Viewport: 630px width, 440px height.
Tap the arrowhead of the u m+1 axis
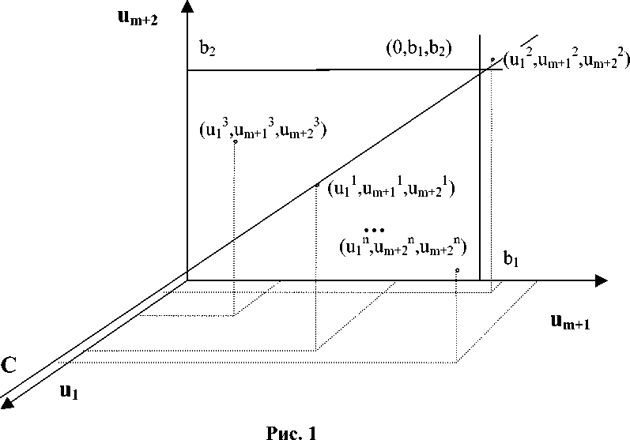pos(601,280)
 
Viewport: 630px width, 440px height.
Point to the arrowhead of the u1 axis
pos(7,404)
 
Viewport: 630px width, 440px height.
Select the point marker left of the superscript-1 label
pos(317,185)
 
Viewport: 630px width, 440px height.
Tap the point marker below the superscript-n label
pos(458,270)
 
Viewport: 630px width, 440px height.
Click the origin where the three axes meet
pos(187,279)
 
